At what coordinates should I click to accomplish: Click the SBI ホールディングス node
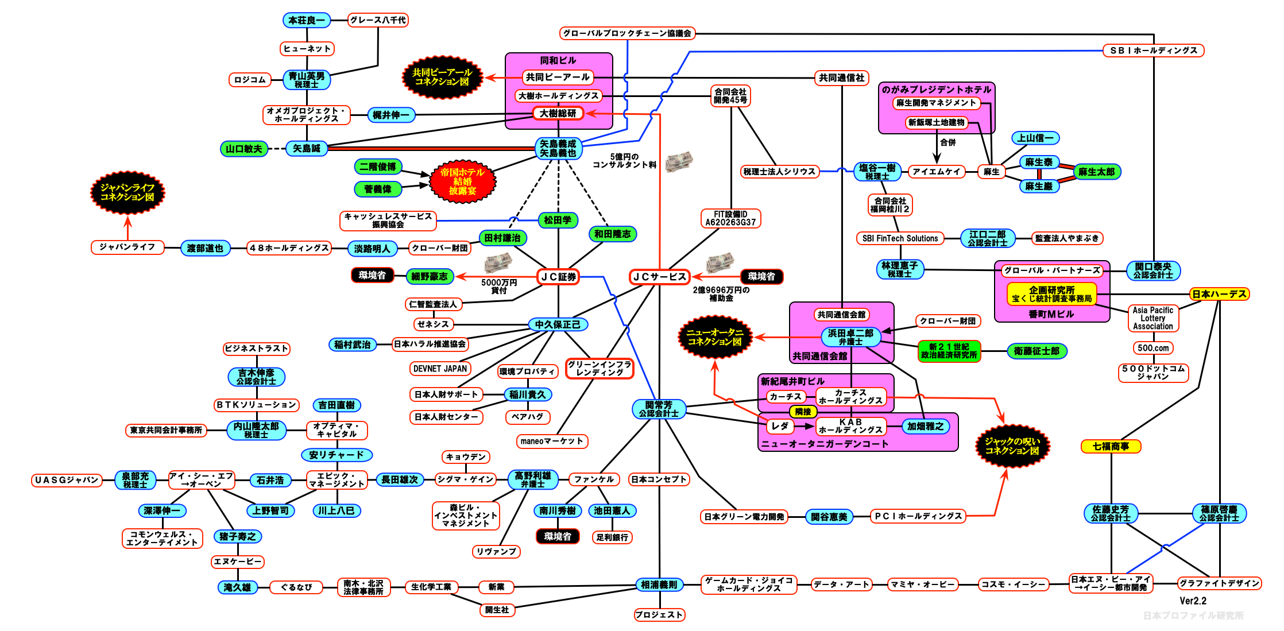(1153, 51)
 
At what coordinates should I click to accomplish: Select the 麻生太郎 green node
(1096, 172)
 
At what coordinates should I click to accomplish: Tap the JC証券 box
(558, 277)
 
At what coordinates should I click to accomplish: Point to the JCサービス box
(659, 277)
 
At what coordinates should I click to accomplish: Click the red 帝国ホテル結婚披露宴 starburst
(462, 181)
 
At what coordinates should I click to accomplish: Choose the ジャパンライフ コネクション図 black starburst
(127, 192)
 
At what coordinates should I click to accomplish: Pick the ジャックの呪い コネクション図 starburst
(1012, 446)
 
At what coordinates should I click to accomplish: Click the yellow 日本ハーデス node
(1219, 294)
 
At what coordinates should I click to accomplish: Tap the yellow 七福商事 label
(1111, 446)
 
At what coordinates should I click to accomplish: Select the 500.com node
(1153, 348)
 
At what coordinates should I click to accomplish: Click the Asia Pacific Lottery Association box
(1153, 318)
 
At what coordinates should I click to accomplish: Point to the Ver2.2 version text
(1193, 601)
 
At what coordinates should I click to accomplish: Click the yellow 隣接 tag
(803, 412)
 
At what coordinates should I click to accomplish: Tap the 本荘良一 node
(307, 20)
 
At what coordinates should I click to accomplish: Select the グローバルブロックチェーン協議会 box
(627, 33)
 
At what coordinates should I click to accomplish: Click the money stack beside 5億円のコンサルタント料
(679, 161)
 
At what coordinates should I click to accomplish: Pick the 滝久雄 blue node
(237, 587)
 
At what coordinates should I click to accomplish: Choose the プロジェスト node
(659, 615)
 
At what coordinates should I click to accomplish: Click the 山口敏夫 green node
(244, 149)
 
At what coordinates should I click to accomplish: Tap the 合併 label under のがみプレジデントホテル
(948, 142)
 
